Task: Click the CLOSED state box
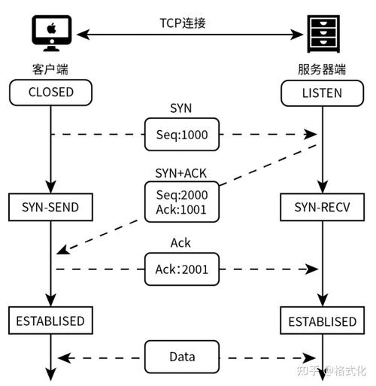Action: (x=50, y=93)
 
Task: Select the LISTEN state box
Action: (x=322, y=93)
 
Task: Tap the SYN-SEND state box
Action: (x=50, y=205)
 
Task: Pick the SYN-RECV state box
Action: (x=322, y=205)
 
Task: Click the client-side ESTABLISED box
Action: (x=50, y=321)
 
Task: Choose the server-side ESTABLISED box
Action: (x=322, y=321)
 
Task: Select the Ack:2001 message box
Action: (x=182, y=269)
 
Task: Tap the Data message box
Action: (x=182, y=355)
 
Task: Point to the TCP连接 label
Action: (x=181, y=23)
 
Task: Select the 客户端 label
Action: (x=50, y=70)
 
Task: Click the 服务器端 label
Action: (x=322, y=70)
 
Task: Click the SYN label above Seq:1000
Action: (x=182, y=109)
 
